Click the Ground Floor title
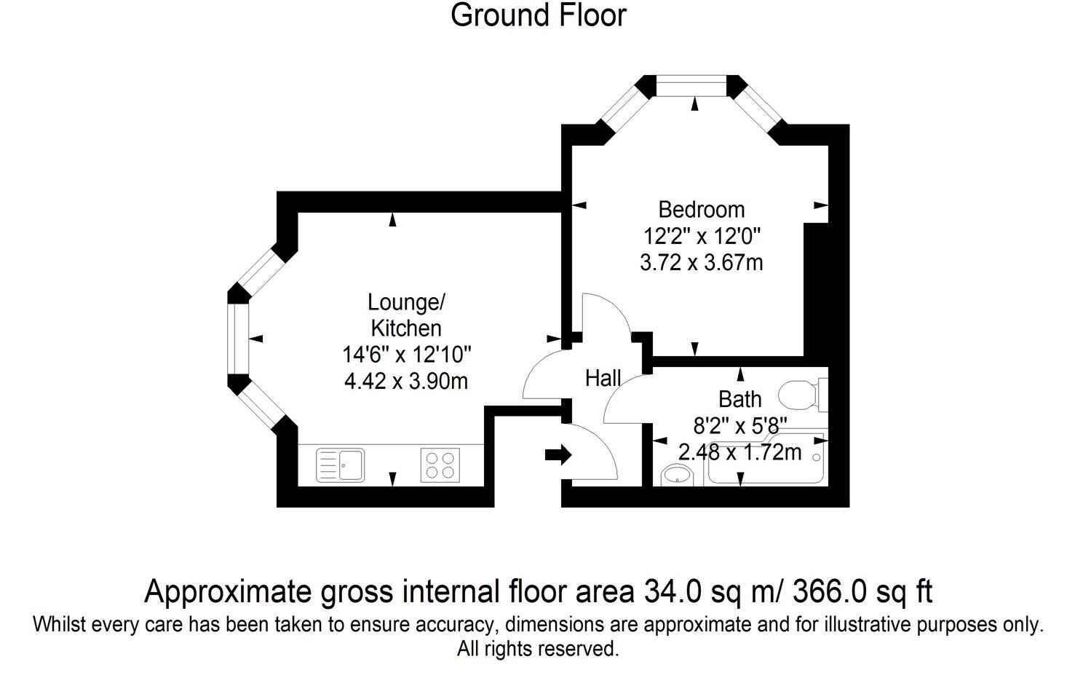(538, 15)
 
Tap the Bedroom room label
(701, 210)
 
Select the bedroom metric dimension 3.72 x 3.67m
(701, 262)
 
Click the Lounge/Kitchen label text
(405, 315)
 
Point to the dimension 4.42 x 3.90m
(405, 380)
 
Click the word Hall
(603, 378)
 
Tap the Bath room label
(739, 399)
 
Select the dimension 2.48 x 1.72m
(739, 452)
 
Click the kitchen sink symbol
(341, 465)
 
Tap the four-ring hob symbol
(440, 465)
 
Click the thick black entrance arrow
(558, 456)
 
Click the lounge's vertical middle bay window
(238, 339)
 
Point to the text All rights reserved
(538, 648)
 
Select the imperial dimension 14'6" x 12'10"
(407, 355)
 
